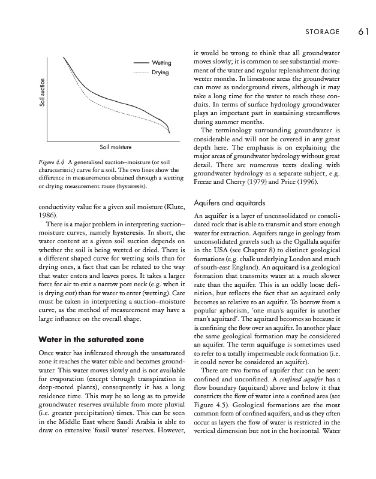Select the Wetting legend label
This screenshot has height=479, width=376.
click(162, 63)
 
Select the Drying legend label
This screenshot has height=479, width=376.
click(161, 72)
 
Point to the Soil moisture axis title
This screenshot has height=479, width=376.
click(114, 146)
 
